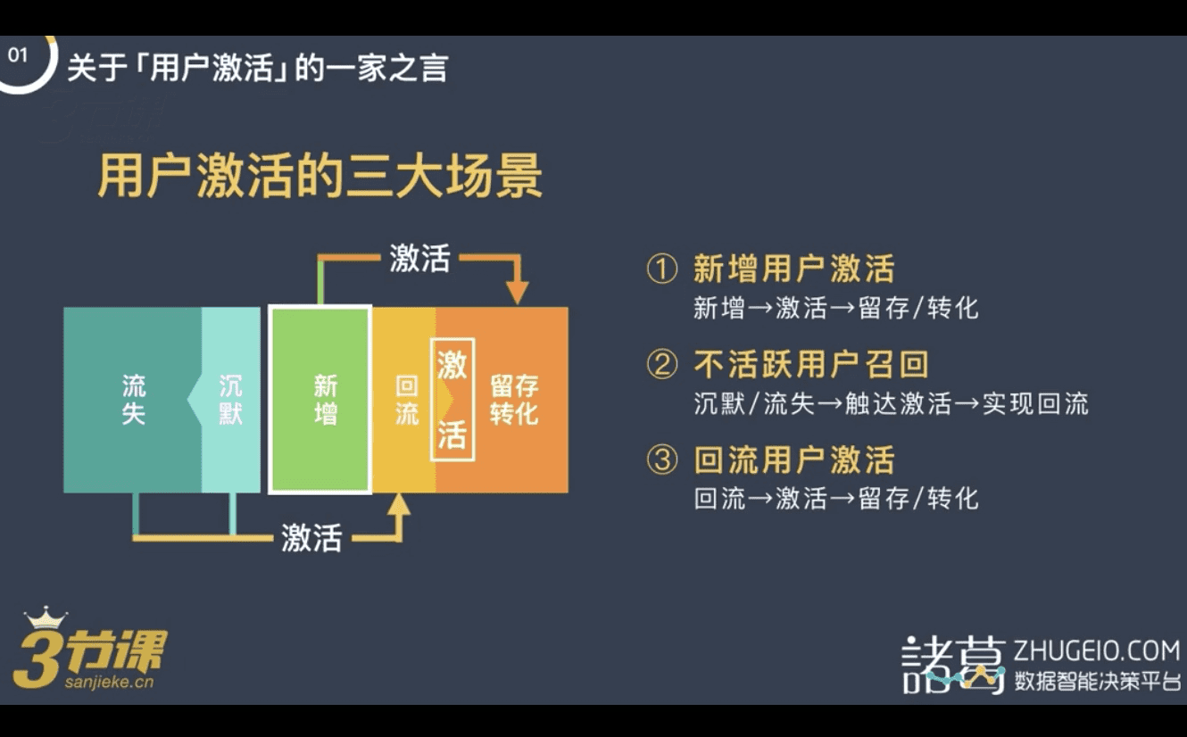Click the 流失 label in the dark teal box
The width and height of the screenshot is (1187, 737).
click(134, 400)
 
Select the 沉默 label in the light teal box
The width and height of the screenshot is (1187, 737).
click(230, 400)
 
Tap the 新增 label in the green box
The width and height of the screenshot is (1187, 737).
click(326, 400)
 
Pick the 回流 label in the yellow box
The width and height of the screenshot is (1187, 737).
click(406, 400)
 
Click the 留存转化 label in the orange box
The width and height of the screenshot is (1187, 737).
click(514, 400)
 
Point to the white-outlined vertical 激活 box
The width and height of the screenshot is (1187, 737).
click(452, 399)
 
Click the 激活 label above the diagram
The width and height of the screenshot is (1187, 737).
click(419, 258)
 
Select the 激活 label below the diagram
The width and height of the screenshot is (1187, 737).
click(311, 538)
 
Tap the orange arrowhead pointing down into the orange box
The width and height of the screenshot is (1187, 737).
click(517, 293)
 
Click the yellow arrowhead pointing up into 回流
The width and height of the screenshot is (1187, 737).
click(398, 504)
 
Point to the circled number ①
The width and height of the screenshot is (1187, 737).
click(662, 269)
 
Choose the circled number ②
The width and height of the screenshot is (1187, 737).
click(662, 364)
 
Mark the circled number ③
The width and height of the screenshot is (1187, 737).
click(662, 460)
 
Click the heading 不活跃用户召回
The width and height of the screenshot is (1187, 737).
click(811, 364)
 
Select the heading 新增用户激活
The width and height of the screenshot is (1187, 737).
click(794, 269)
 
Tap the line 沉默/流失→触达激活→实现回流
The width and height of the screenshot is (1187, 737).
click(892, 403)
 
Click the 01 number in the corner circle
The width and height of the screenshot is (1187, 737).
click(18, 55)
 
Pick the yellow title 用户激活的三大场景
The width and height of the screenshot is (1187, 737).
click(320, 176)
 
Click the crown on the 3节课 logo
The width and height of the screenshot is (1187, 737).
click(46, 617)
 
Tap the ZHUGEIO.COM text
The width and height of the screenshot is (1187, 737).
click(1097, 651)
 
